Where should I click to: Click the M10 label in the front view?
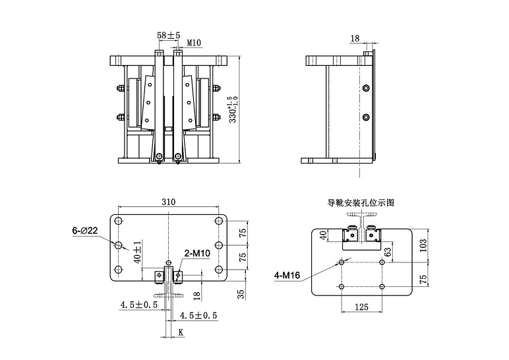pos(194,43)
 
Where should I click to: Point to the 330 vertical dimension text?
pos(231,109)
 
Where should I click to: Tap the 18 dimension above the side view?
pos(355,39)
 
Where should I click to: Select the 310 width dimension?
pos(169,203)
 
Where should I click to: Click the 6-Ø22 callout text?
pos(85,231)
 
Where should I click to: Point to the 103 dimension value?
pos(423,245)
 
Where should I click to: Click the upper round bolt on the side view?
pos(366,88)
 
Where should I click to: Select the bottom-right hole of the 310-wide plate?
pos(219,270)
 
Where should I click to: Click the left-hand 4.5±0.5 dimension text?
pos(138,305)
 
